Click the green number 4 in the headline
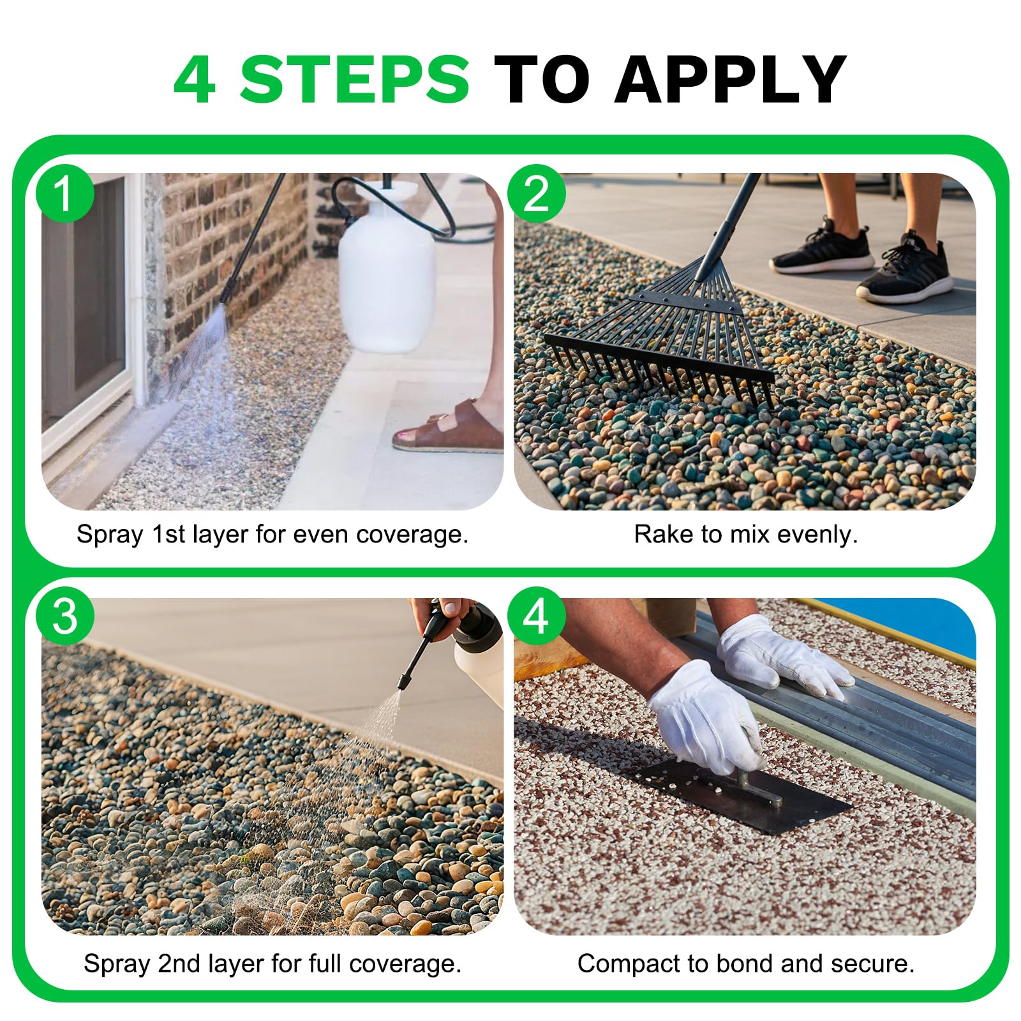coord(194,79)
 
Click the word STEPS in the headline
coord(355,79)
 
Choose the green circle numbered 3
coord(64,616)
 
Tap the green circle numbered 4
coord(536,616)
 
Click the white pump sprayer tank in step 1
coord(386,268)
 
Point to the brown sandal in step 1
coord(450,429)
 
